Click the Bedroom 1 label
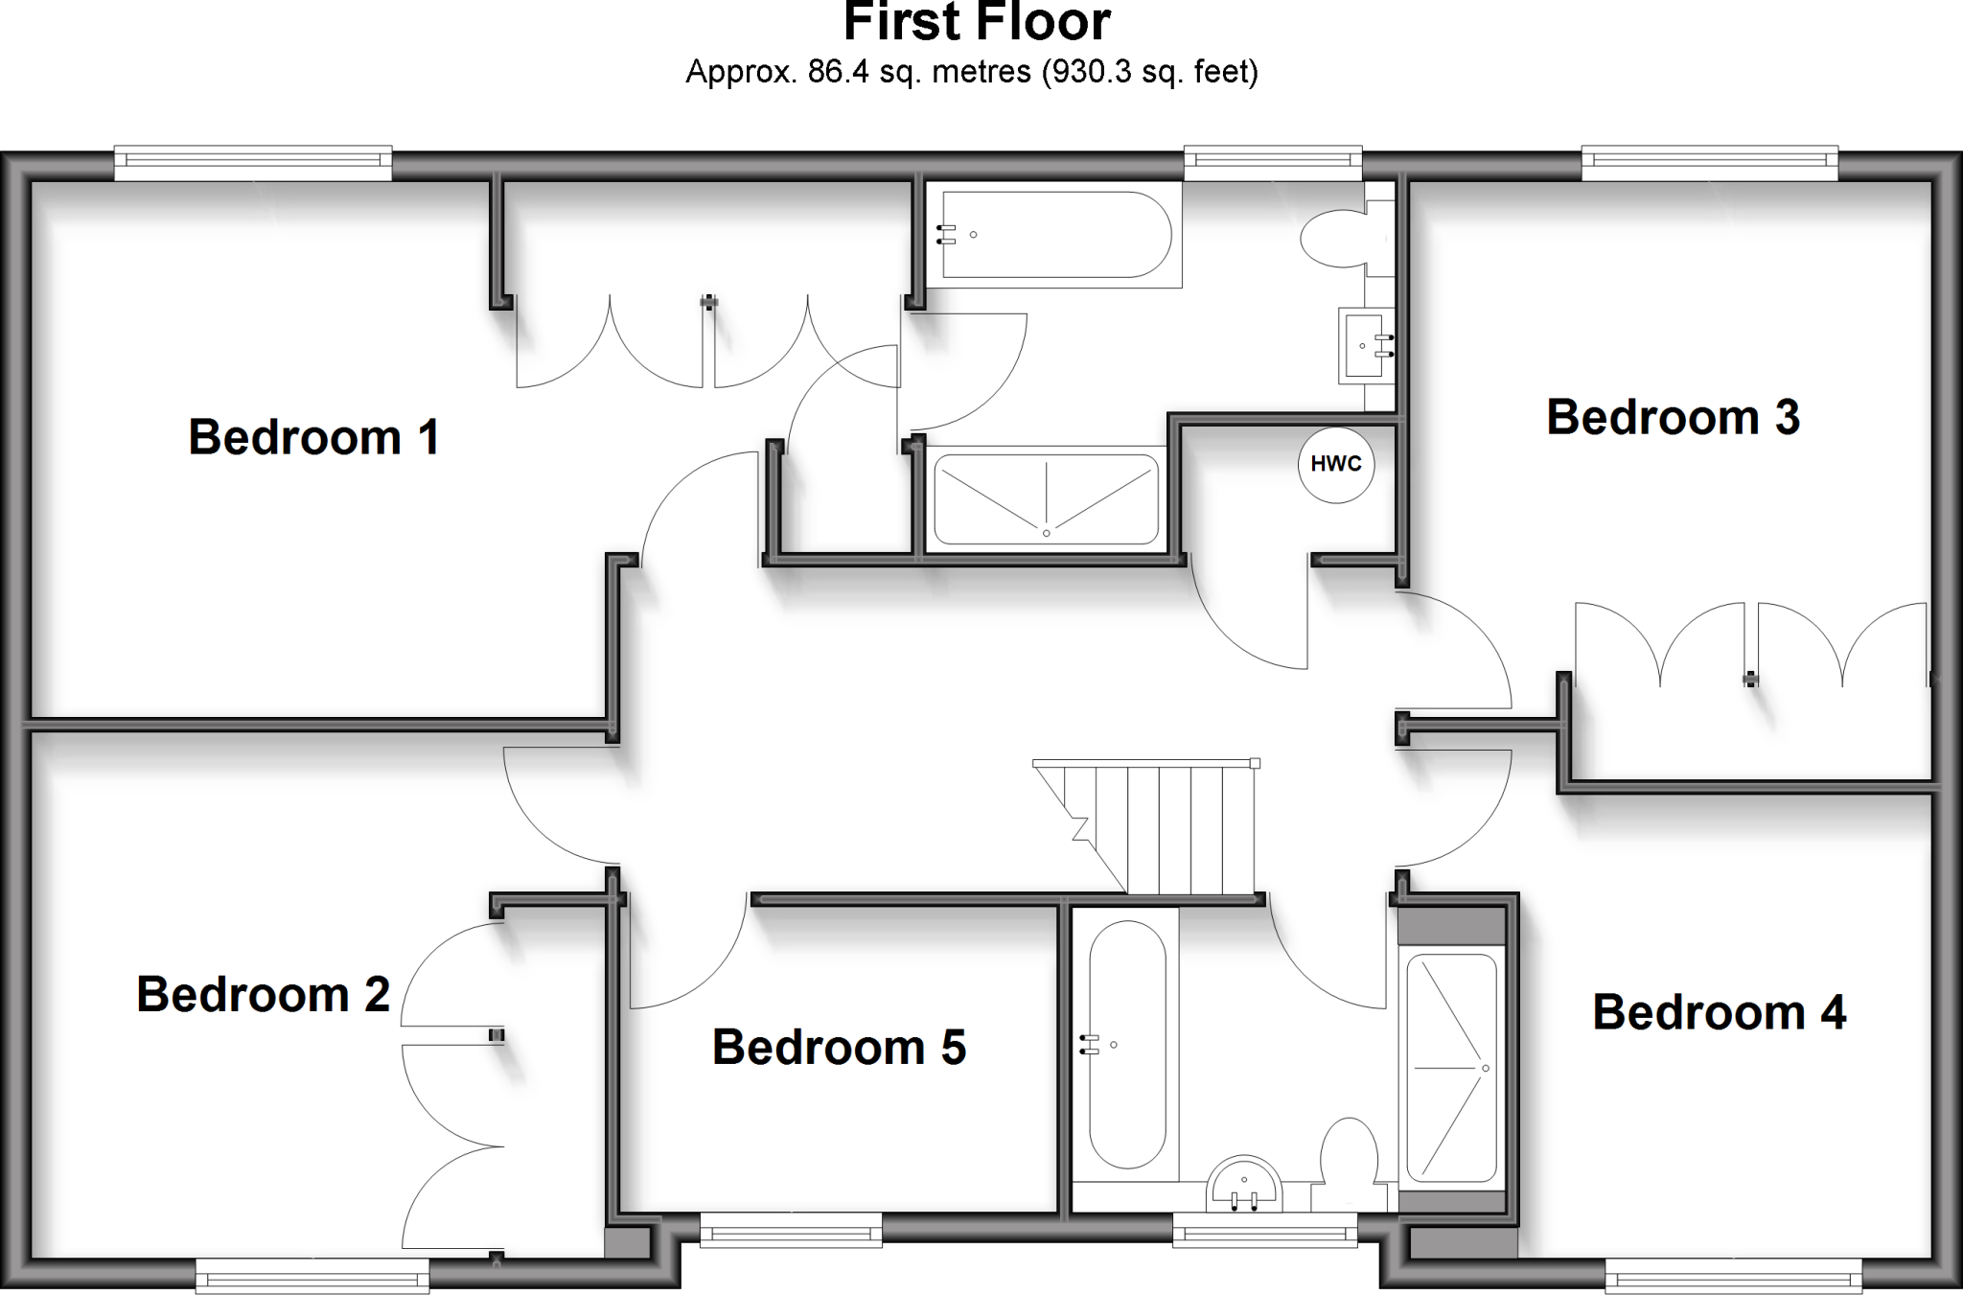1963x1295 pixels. click(x=313, y=437)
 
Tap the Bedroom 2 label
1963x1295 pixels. click(x=263, y=994)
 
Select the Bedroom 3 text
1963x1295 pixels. click(x=1673, y=417)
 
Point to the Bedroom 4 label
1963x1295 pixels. click(x=1719, y=1012)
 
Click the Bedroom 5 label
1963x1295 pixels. click(x=839, y=1047)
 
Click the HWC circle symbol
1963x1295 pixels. click(x=1335, y=464)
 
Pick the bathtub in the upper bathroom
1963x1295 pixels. click(x=1054, y=235)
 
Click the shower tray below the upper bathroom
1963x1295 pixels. click(x=1046, y=499)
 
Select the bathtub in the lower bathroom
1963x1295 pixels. click(x=1127, y=1045)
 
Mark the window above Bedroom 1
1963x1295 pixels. click(x=253, y=163)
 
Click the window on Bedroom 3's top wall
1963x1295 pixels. click(x=1709, y=163)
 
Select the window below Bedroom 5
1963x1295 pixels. click(x=791, y=1230)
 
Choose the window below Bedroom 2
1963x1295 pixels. click(x=312, y=1276)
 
